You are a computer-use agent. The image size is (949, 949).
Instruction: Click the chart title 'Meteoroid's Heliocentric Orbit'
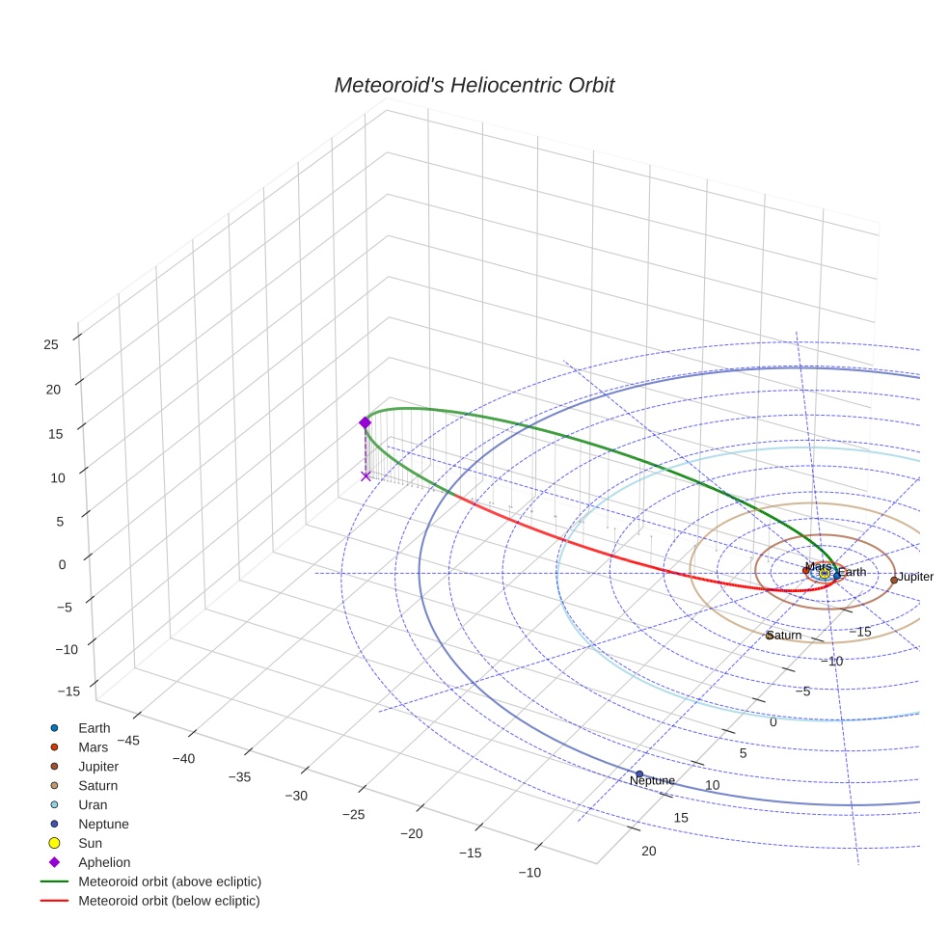[x=474, y=85]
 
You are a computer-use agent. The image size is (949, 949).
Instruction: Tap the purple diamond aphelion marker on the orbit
[x=365, y=422]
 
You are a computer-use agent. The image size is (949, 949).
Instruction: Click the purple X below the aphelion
[x=366, y=475]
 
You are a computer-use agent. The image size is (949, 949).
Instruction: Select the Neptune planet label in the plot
[x=652, y=780]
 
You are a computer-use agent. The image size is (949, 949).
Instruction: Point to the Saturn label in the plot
[x=784, y=636]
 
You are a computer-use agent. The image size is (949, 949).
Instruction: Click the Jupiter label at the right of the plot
[x=915, y=577]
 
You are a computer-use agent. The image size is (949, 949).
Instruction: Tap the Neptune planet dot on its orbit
[x=639, y=773]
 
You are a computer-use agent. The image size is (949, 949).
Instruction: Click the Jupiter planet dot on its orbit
[x=894, y=580]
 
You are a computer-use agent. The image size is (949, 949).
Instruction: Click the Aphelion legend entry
[x=104, y=862]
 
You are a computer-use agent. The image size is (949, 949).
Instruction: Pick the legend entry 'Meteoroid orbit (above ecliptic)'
[x=170, y=881]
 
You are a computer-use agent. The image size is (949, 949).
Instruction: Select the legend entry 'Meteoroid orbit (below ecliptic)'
[x=169, y=901]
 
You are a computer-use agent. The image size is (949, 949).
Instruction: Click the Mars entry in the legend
[x=94, y=746]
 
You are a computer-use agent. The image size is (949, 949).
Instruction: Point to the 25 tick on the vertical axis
[x=51, y=343]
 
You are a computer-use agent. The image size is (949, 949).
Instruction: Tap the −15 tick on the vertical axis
[x=68, y=691]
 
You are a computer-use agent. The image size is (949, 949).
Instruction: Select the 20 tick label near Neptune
[x=648, y=851]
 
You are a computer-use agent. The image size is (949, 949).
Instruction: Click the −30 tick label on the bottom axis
[x=295, y=796]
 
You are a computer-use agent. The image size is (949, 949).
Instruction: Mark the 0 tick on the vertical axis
[x=62, y=564]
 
